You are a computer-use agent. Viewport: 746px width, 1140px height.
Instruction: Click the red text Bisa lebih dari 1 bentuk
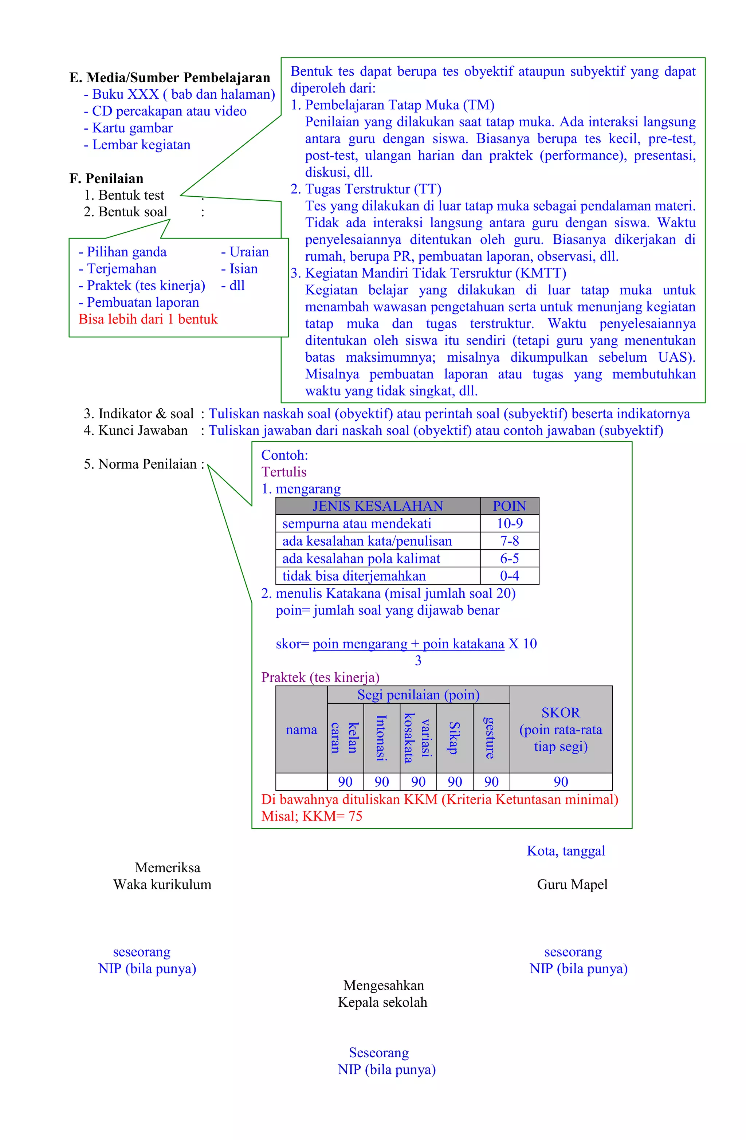[148, 319]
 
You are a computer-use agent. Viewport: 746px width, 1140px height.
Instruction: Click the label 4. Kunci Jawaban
[136, 430]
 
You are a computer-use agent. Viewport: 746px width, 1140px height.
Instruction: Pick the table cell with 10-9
[509, 523]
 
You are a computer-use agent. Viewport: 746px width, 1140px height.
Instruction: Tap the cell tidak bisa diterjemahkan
[354, 576]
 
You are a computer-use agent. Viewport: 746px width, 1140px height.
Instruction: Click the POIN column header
[509, 506]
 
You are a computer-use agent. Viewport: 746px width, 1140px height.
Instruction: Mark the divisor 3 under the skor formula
[418, 661]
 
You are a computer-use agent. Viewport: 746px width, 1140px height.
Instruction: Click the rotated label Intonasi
[381, 738]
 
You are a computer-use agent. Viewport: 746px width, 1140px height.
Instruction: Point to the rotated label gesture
[491, 738]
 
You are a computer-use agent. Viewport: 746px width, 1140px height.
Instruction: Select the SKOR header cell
[561, 729]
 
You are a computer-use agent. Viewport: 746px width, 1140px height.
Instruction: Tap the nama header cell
[301, 730]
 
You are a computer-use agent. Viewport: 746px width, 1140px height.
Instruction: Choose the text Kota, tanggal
[565, 851]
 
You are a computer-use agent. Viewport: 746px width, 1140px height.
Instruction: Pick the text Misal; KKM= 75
[311, 816]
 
